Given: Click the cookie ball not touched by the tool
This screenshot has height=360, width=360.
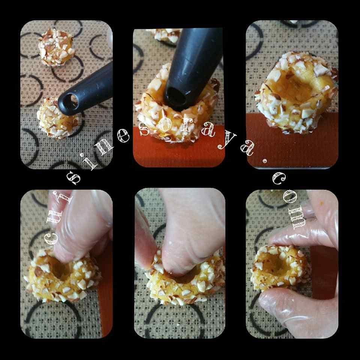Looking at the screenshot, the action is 57,47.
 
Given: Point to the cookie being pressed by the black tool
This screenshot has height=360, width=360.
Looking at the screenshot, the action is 177,108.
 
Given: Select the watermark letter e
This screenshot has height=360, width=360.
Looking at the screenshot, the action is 123,136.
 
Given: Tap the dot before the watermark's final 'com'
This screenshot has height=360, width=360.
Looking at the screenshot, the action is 265,161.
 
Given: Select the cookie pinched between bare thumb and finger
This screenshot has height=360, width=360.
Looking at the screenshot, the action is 186,281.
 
